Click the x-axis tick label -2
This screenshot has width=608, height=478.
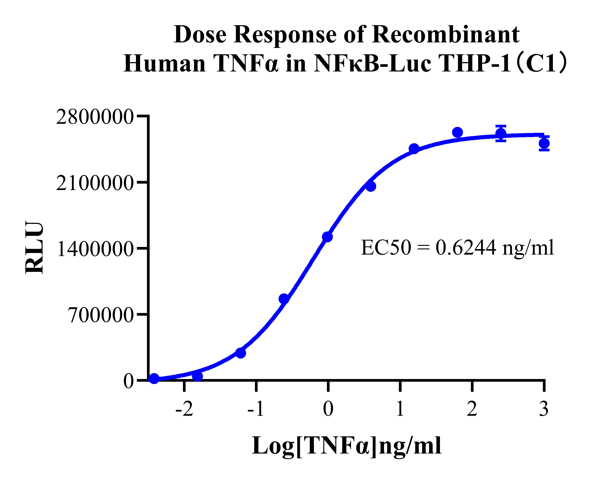click(184, 409)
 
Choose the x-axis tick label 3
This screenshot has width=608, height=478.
click(544, 409)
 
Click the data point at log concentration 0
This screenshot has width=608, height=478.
click(327, 237)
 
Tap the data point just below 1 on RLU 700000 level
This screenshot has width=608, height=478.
click(284, 299)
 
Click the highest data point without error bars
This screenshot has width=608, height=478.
click(457, 132)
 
